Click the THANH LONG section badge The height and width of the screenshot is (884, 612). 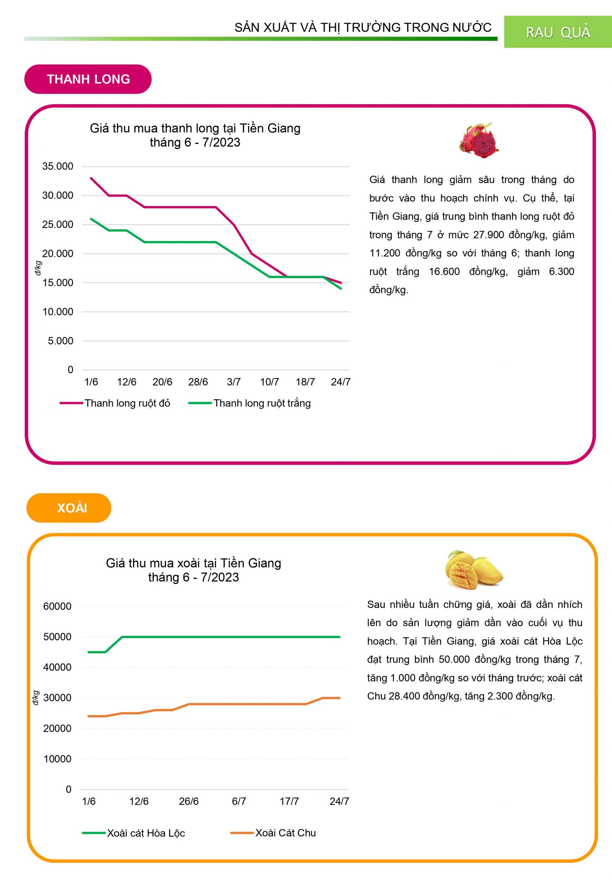pyautogui.click(x=88, y=79)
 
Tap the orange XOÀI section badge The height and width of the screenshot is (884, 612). pyautogui.click(x=69, y=508)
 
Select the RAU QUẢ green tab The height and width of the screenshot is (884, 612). pyautogui.click(x=557, y=32)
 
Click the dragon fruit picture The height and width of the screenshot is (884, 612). pyautogui.click(x=479, y=140)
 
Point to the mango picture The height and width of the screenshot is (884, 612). pyautogui.click(x=474, y=570)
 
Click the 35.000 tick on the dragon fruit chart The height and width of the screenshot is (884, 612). pyautogui.click(x=58, y=166)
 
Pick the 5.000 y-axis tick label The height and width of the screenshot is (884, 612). pyautogui.click(x=60, y=341)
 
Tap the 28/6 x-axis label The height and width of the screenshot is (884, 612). pyautogui.click(x=198, y=382)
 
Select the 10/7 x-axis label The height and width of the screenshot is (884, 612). pyautogui.click(x=269, y=382)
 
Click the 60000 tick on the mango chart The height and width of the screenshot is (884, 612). pyautogui.click(x=57, y=606)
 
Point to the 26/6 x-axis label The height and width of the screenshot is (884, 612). pyautogui.click(x=189, y=801)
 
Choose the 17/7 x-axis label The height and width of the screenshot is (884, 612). pyautogui.click(x=289, y=801)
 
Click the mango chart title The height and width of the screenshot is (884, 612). pyautogui.click(x=194, y=570)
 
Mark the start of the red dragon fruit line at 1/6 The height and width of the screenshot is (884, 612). pyautogui.click(x=91, y=178)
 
